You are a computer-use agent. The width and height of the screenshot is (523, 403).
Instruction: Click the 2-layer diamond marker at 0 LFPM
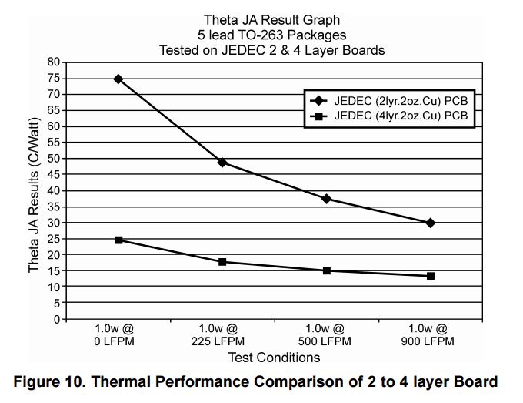[x=118, y=79]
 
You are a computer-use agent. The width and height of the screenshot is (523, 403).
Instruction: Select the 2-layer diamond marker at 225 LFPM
[x=222, y=163]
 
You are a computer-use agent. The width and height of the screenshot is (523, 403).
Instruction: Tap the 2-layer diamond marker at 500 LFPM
[x=327, y=199]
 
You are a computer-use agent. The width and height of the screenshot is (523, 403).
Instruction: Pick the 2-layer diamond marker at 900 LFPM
[x=431, y=223]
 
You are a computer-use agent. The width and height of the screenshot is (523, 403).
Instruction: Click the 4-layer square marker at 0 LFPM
[x=118, y=240]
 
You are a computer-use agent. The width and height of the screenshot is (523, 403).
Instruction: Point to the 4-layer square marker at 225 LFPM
[x=222, y=262]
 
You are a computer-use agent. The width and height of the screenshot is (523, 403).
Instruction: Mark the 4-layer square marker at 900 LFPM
[x=431, y=276]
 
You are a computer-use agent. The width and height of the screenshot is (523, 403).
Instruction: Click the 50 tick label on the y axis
[x=53, y=159]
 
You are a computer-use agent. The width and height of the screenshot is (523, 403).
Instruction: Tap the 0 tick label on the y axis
[x=56, y=319]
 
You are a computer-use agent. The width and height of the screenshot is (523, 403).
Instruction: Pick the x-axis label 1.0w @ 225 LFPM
[x=222, y=334]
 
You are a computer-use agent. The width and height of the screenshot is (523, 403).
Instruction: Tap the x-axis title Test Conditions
[x=274, y=358]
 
